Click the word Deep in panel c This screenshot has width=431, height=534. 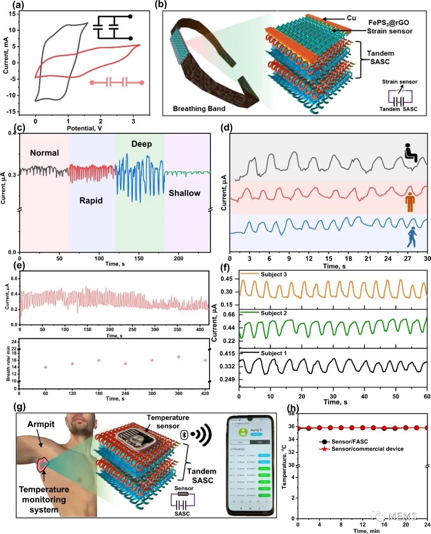click(142, 144)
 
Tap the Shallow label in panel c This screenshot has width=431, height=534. click(184, 193)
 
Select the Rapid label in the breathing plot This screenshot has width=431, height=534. click(91, 200)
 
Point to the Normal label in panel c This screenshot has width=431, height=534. click(44, 153)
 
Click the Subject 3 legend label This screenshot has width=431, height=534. click(274, 275)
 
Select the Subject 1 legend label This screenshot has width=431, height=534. click(274, 353)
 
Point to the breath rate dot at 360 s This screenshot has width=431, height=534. click(178, 356)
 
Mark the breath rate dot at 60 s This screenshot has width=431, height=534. click(45, 367)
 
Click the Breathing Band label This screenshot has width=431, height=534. click(199, 109)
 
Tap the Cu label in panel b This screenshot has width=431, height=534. click(351, 18)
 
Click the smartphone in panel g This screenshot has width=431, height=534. click(250, 465)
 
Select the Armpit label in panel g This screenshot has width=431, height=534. click(41, 424)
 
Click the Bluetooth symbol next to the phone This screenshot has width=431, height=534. click(184, 434)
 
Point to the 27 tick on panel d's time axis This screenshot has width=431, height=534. click(407, 259)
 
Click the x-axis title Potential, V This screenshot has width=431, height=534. click(84, 128)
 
